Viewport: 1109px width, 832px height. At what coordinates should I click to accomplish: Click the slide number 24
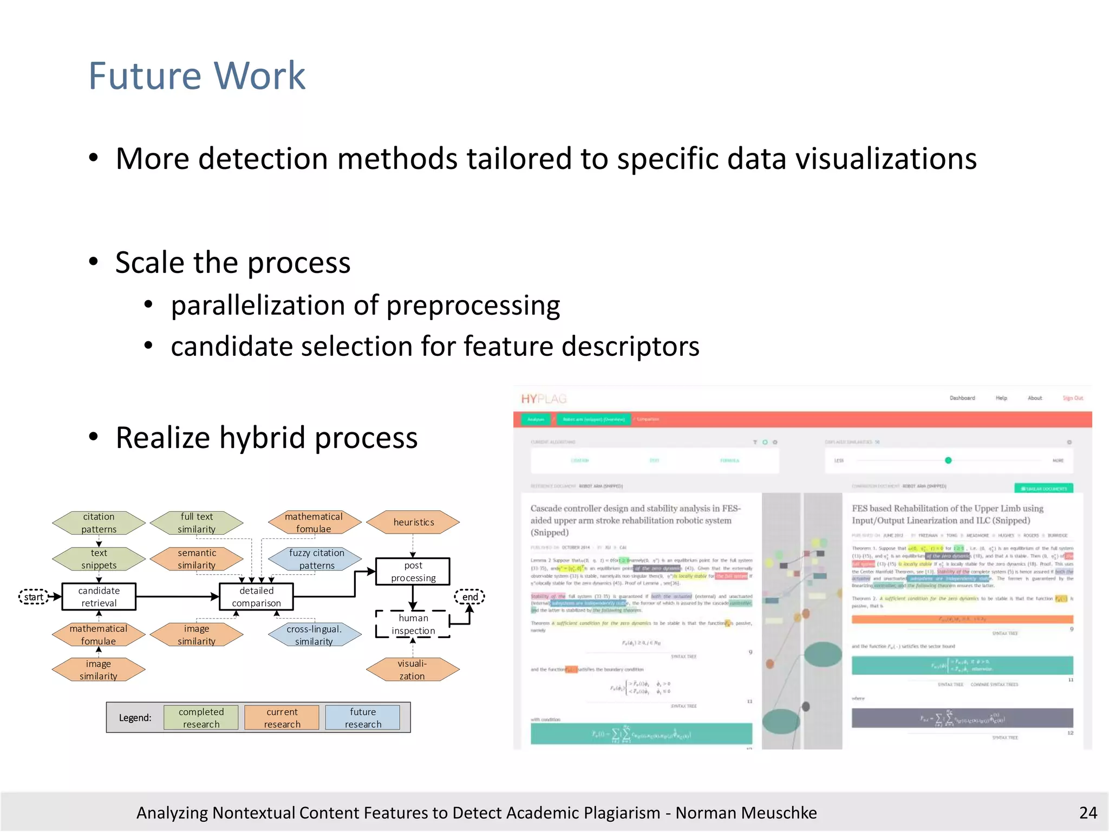click(x=1087, y=812)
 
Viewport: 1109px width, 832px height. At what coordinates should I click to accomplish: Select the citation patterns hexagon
click(x=99, y=523)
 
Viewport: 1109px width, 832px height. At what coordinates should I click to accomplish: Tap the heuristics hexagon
click(x=413, y=522)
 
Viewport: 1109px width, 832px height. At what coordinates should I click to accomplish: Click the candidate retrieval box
click(x=99, y=596)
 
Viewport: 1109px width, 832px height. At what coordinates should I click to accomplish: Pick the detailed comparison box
click(x=256, y=596)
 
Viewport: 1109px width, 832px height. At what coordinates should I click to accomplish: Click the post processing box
click(x=413, y=571)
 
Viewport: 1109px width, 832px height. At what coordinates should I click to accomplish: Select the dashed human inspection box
click(x=413, y=624)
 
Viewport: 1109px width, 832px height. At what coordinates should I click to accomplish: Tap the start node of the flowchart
click(x=34, y=597)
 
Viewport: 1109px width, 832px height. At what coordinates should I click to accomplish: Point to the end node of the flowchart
click(x=469, y=597)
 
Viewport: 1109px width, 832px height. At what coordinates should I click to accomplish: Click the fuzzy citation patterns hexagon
click(x=316, y=559)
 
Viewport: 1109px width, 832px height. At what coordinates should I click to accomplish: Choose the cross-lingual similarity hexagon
click(x=314, y=635)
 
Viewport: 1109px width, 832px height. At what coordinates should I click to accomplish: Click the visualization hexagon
click(x=413, y=669)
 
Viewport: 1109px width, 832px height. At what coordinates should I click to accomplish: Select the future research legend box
click(x=363, y=718)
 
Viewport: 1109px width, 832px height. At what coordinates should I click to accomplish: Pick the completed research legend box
click(x=201, y=718)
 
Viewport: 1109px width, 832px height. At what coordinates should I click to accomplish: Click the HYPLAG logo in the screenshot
click(x=544, y=399)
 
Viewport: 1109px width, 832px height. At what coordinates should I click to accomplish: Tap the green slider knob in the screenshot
click(x=948, y=460)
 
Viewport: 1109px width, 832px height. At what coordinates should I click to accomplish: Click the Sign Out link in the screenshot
click(x=1072, y=398)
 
